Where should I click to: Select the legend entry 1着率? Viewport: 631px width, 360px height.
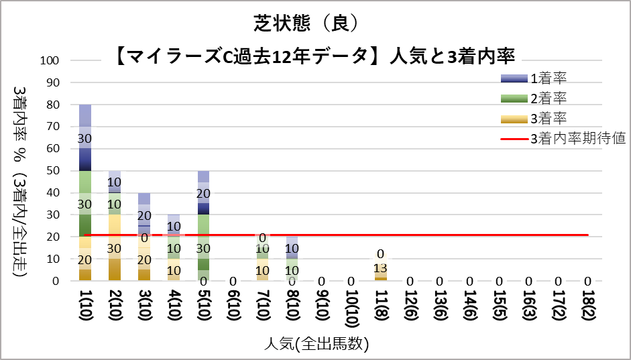(549, 78)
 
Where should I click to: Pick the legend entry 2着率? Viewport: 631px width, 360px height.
(549, 99)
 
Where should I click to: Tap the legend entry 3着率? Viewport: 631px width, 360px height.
(549, 119)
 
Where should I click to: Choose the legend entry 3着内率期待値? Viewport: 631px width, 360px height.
(577, 139)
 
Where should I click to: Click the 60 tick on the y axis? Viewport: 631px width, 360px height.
(54, 149)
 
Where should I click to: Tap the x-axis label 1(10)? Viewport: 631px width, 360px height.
(86, 308)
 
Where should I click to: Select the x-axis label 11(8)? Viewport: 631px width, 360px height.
(381, 308)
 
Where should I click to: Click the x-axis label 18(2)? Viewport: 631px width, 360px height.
(587, 308)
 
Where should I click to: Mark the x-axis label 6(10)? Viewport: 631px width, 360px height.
(233, 308)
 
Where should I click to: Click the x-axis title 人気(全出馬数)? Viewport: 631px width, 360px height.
(316, 345)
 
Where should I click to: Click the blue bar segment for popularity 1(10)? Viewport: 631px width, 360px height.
(86, 137)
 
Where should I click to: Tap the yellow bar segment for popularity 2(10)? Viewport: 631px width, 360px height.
(115, 247)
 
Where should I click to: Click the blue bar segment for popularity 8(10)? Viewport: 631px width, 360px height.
(292, 247)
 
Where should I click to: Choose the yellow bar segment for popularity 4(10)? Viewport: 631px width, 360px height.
(174, 269)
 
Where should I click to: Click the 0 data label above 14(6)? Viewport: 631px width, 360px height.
(469, 282)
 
